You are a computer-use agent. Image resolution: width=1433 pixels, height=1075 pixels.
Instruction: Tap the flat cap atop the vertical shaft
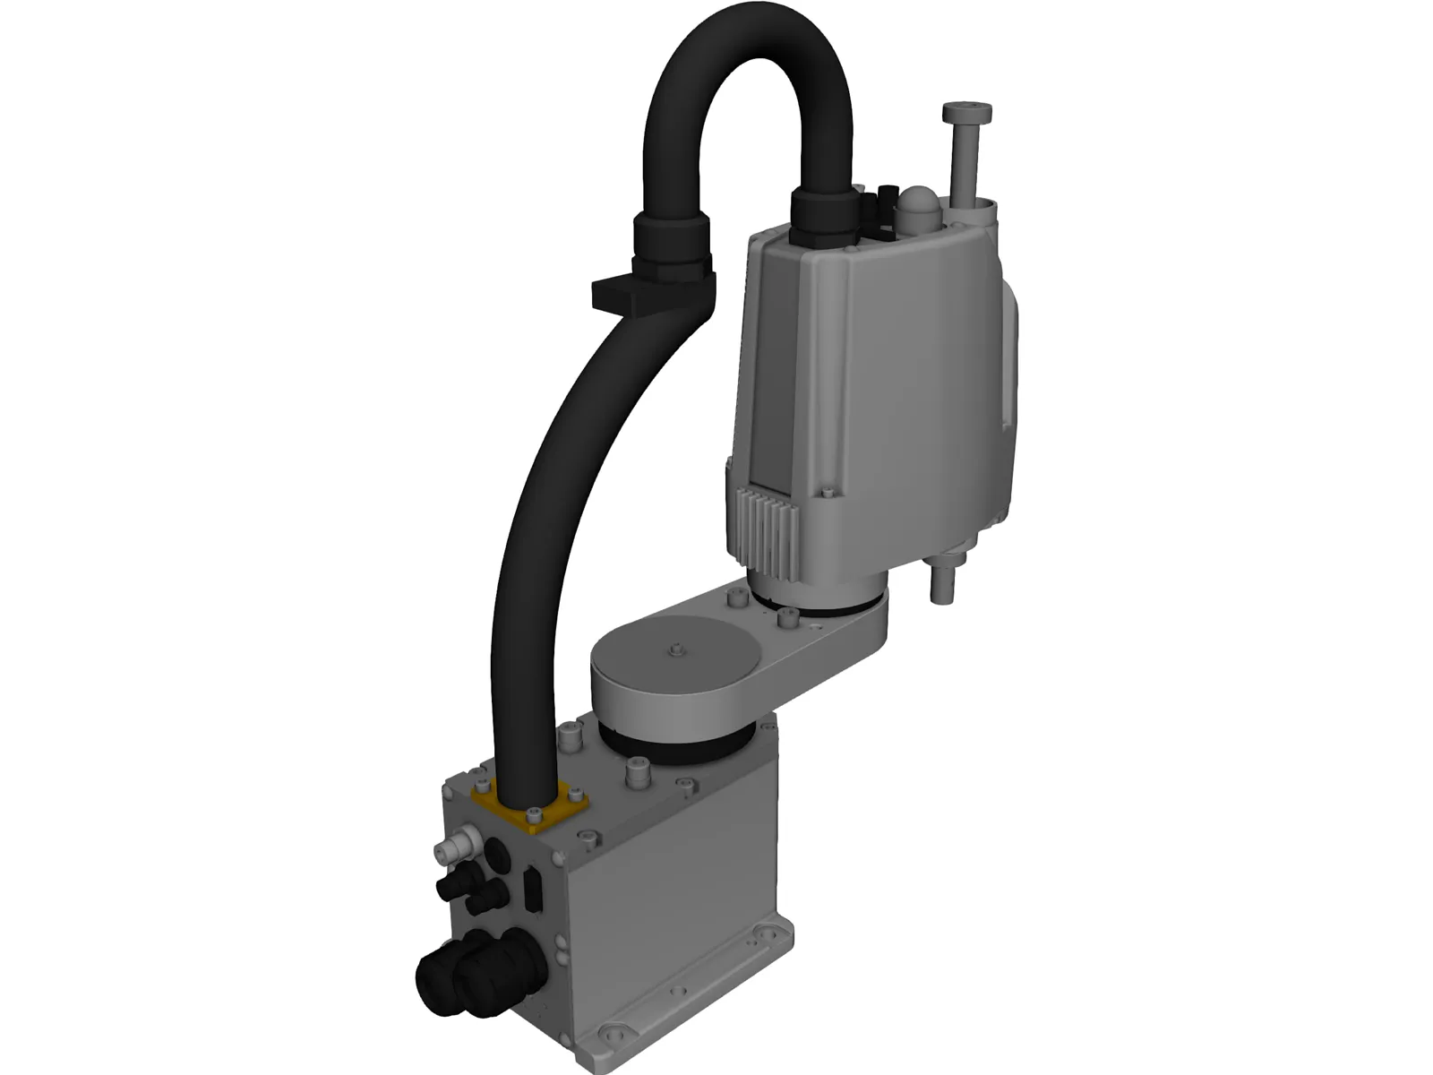pos(966,114)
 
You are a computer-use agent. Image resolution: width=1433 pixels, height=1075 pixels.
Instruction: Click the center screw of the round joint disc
pos(677,648)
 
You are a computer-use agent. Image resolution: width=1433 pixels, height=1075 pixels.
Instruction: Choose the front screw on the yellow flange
pos(535,814)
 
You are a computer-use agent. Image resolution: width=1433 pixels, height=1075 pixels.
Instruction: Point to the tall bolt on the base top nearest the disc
pos(637,770)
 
